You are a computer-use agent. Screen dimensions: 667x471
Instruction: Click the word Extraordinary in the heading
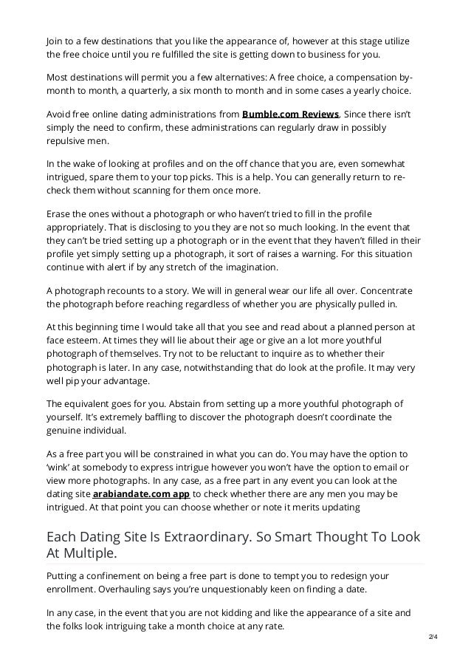point(203,536)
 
